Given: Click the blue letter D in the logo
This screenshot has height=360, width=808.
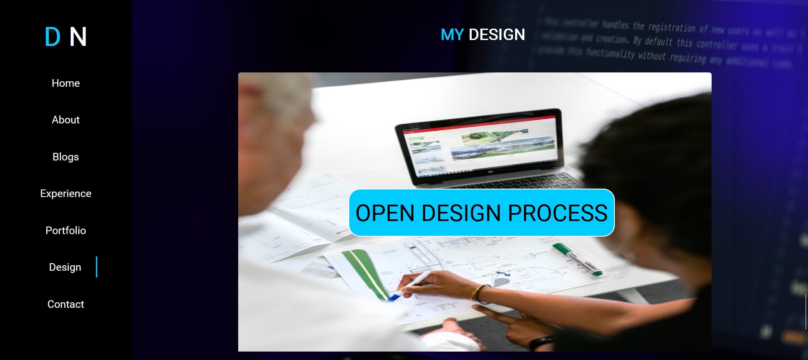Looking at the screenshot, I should click(53, 37).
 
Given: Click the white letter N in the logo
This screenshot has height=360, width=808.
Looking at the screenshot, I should click(78, 37).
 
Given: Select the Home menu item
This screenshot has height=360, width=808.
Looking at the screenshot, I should click(66, 83).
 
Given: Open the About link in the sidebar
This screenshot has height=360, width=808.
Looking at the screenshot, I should click(66, 120).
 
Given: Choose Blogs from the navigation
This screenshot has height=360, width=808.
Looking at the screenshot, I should click(66, 157).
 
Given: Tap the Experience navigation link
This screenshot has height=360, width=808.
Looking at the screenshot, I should click(66, 194).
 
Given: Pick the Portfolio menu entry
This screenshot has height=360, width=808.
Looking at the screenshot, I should click(66, 231).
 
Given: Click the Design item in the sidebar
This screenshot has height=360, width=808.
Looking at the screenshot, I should click(65, 267).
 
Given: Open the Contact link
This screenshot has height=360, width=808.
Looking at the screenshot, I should click(66, 304).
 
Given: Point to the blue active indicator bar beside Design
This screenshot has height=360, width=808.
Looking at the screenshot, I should click(96, 267).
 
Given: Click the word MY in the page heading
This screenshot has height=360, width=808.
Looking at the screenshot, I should click(452, 35).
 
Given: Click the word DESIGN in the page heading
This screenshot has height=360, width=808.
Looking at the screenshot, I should click(497, 35).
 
